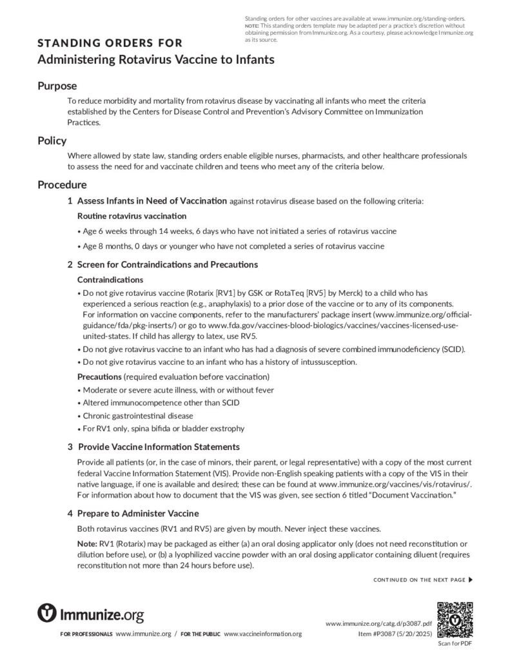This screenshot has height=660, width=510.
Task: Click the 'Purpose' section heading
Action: [57, 86]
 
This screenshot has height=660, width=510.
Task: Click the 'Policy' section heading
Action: [52, 141]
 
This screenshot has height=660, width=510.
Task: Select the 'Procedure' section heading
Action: [62, 185]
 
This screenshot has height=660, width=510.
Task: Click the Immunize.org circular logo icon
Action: [47, 612]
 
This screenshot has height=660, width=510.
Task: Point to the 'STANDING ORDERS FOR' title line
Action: [110, 44]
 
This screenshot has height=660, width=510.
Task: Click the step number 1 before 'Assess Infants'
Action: [70, 201]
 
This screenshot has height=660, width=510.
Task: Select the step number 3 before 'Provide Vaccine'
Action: [70, 447]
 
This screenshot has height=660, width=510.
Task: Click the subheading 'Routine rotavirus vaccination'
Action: [132, 215]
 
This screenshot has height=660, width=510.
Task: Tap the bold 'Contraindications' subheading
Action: [110, 280]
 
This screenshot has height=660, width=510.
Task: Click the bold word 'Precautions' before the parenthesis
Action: [99, 376]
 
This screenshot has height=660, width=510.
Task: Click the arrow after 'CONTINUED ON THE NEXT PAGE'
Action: [470, 579]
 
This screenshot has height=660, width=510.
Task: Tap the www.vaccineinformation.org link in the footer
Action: [262, 634]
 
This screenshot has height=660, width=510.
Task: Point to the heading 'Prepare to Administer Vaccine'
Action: [138, 513]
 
